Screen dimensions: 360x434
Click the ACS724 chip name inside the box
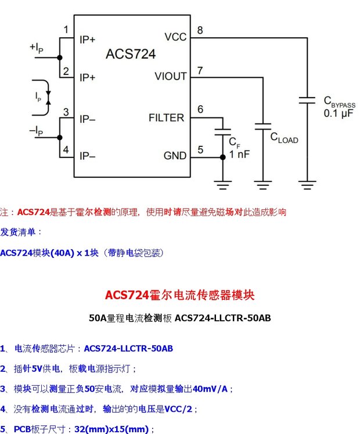click(x=131, y=54)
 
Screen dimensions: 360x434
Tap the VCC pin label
click(x=175, y=37)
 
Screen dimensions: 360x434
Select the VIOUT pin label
click(x=171, y=76)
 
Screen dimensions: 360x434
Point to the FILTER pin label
click(x=166, y=117)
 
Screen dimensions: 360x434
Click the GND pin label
click(x=175, y=156)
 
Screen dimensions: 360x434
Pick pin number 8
click(x=200, y=30)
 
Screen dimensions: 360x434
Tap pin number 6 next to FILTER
click(x=200, y=109)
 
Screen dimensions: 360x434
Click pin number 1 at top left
click(x=66, y=29)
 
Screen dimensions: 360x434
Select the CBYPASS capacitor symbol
click(x=307, y=100)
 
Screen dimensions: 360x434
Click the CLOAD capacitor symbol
click(x=263, y=127)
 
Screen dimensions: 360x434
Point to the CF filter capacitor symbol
click(x=223, y=132)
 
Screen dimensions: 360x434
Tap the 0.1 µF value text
click(x=339, y=113)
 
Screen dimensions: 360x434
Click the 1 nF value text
click(x=240, y=154)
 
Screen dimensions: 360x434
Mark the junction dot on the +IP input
click(x=59, y=58)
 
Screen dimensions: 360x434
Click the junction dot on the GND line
click(x=223, y=157)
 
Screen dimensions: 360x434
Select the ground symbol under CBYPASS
click(x=307, y=185)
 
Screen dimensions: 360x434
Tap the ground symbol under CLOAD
click(x=263, y=185)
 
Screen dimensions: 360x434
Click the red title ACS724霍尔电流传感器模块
click(x=180, y=295)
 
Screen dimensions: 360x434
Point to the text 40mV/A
click(x=210, y=389)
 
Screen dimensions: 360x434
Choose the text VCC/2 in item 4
click(x=178, y=409)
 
